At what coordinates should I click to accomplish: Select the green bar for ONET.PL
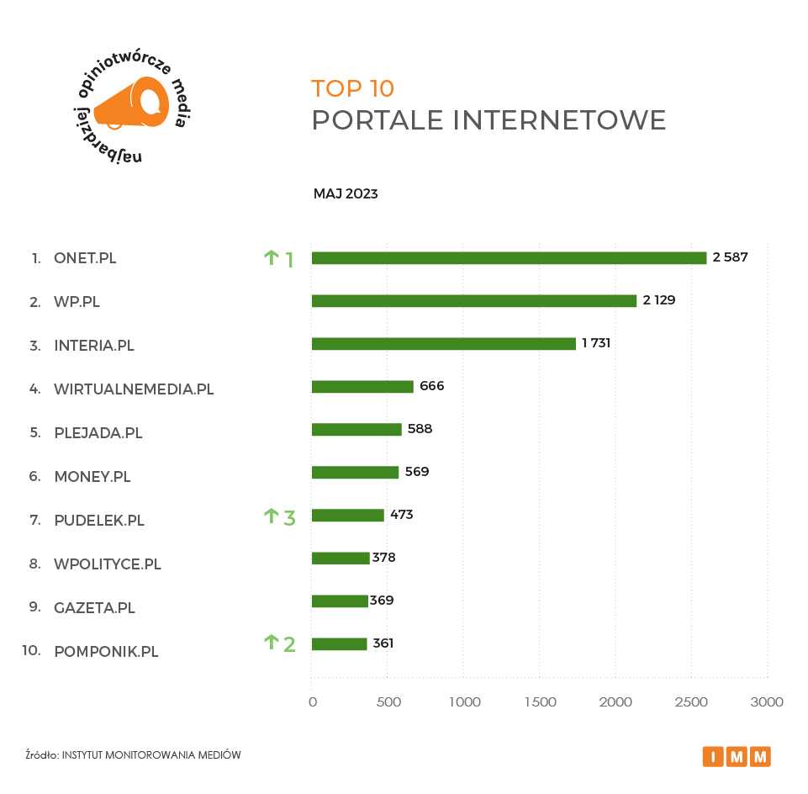tap(509, 258)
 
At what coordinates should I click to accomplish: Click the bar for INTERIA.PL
tap(443, 344)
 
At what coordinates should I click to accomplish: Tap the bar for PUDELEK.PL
tap(347, 516)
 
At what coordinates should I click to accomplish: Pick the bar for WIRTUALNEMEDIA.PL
tap(362, 387)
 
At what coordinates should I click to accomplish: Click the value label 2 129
tap(659, 300)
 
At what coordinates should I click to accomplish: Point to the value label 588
tap(420, 429)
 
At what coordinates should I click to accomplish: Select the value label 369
tap(382, 601)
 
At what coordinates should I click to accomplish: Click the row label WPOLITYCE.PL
tap(107, 564)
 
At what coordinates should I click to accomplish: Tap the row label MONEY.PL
tap(92, 477)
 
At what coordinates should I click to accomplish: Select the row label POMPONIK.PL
tap(106, 651)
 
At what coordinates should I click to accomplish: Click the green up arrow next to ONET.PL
tap(271, 258)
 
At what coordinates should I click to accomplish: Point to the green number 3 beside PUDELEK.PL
tap(289, 517)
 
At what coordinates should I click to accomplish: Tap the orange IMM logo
tap(737, 756)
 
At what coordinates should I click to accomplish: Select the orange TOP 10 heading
tap(352, 88)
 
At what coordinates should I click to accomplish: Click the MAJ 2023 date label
tap(346, 194)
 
